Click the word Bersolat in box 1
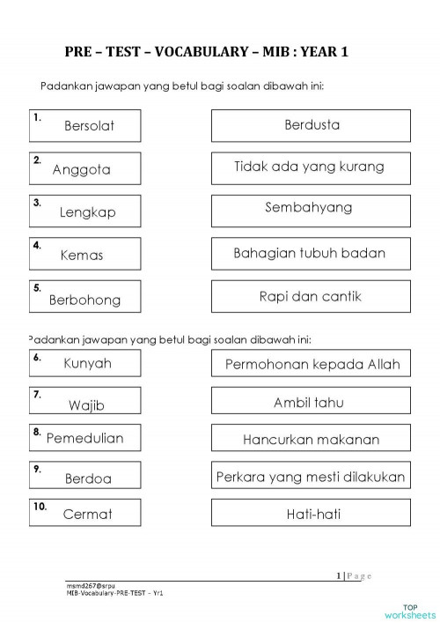pyautogui.click(x=89, y=126)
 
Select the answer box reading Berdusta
pyautogui.click(x=311, y=125)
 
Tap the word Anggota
pyautogui.click(x=81, y=169)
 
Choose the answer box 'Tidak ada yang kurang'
pyautogui.click(x=311, y=167)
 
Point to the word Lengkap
pyautogui.click(x=87, y=212)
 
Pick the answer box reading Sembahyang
pyautogui.click(x=311, y=208)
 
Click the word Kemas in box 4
pyautogui.click(x=82, y=256)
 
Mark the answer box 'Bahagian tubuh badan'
pyautogui.click(x=311, y=253)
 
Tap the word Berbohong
pyautogui.click(x=84, y=300)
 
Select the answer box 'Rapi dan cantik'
pyautogui.click(x=311, y=297)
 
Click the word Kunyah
pyautogui.click(x=87, y=362)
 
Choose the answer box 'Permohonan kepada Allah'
pyautogui.click(x=312, y=364)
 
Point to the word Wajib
pyautogui.click(x=86, y=405)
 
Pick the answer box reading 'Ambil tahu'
pyautogui.click(x=311, y=403)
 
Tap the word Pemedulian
pyautogui.click(x=84, y=438)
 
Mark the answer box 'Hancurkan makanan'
pyautogui.click(x=311, y=439)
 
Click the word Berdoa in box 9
pyautogui.click(x=89, y=478)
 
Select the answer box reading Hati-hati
pyautogui.click(x=311, y=514)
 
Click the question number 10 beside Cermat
pyautogui.click(x=40, y=507)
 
